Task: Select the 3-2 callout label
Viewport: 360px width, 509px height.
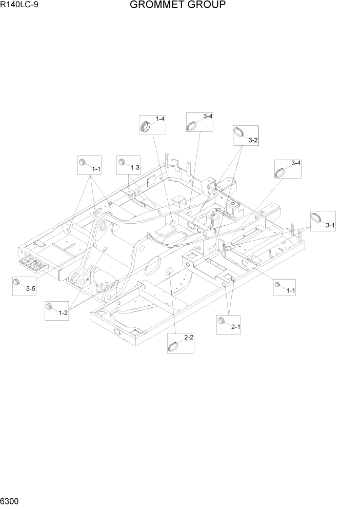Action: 253,140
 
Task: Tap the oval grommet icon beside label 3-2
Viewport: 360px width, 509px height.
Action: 239,132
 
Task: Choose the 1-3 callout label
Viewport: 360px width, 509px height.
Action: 135,168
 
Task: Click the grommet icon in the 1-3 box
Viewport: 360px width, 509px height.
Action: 122,163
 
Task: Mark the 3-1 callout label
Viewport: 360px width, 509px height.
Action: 330,224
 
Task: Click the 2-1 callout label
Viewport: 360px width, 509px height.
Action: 236,327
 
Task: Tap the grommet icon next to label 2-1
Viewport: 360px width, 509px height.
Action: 223,321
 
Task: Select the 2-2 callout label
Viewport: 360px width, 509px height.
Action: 188,337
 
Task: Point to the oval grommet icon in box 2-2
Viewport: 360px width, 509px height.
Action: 174,346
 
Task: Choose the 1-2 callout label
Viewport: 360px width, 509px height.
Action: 63,312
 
